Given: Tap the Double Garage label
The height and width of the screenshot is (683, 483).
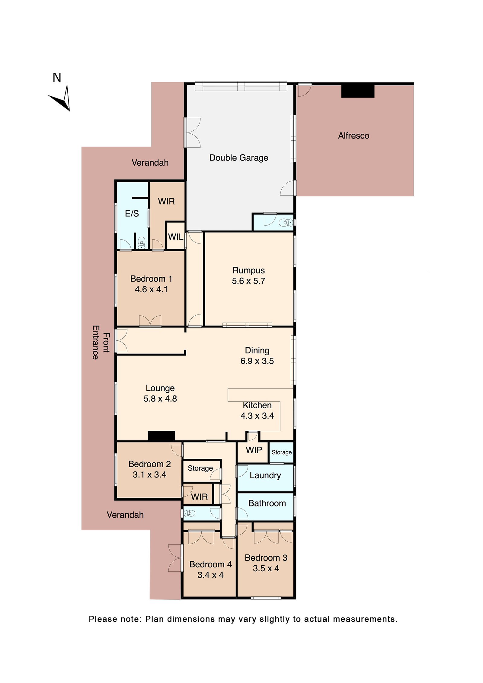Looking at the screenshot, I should click(238, 158).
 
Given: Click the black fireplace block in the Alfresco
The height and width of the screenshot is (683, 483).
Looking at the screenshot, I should click(357, 91).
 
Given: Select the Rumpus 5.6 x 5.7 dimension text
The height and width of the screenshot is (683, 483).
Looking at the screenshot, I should click(248, 281).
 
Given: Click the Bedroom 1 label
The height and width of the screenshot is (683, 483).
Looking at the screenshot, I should click(151, 279).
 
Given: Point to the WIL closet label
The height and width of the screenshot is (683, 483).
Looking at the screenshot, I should click(175, 237).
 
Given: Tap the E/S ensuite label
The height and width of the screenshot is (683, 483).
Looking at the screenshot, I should click(132, 213).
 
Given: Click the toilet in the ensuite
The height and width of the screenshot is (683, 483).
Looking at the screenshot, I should click(141, 242).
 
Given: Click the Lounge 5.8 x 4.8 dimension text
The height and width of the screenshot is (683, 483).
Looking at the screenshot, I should click(160, 399).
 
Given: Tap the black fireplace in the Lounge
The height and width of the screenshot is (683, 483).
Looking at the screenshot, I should click(161, 436).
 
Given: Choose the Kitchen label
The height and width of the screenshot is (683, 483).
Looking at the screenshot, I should click(257, 405).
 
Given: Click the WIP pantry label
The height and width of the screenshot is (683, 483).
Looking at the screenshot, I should click(254, 450).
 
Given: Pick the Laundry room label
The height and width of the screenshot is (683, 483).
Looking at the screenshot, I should click(265, 475).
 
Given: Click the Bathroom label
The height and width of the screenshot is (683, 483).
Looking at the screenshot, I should click(267, 503).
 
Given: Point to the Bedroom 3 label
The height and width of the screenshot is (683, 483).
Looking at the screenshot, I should click(266, 558).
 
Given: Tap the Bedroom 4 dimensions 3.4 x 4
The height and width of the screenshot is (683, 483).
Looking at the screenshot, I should click(210, 575).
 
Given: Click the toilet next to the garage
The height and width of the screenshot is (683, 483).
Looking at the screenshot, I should click(285, 223).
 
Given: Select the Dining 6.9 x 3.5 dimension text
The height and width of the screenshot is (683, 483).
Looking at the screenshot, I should click(257, 361).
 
